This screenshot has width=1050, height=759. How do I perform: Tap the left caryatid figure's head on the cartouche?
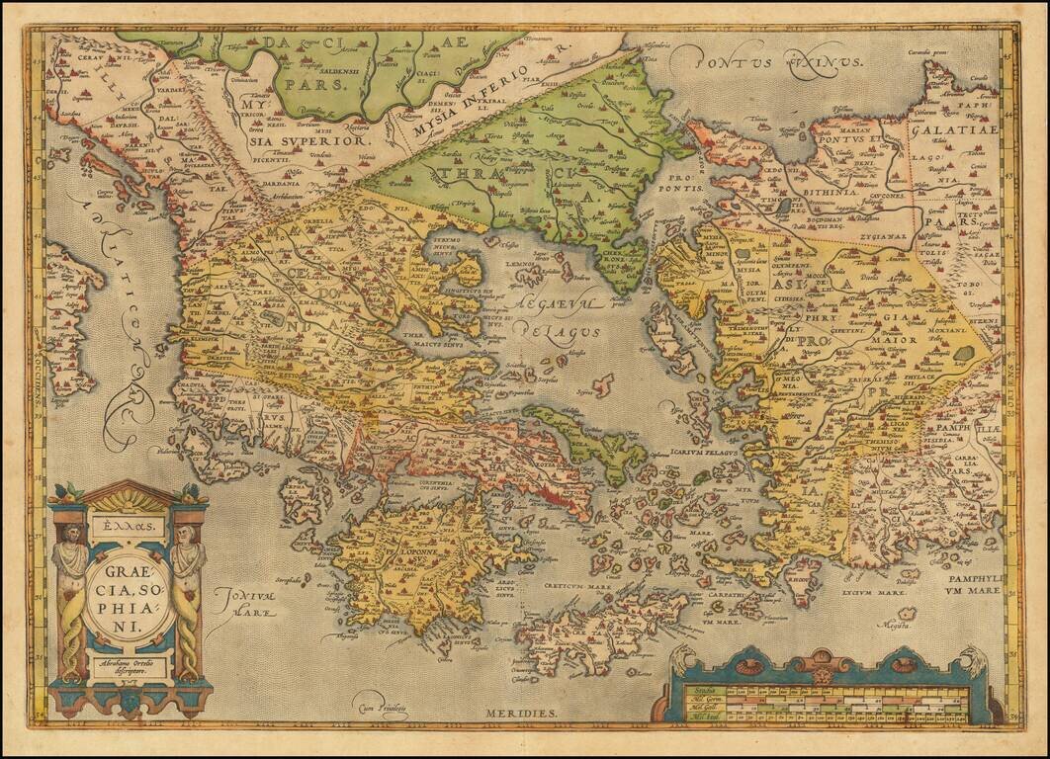pyautogui.click(x=69, y=533)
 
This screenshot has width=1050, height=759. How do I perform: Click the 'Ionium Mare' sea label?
pyautogui.click(x=242, y=603)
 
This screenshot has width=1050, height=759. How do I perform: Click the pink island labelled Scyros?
pyautogui.click(x=602, y=383)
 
